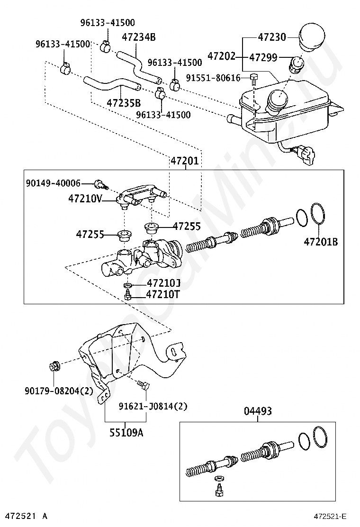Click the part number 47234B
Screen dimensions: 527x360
[139, 37]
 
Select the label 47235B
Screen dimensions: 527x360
[124, 103]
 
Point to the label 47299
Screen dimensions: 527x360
[263, 58]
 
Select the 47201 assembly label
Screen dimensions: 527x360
[185, 162]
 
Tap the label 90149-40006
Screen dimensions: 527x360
[53, 183]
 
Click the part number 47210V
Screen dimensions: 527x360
[85, 199]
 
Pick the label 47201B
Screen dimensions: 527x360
[321, 242]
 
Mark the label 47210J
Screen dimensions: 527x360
[163, 283]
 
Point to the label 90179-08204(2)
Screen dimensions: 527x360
[59, 391]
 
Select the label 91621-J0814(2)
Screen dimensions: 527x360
[153, 406]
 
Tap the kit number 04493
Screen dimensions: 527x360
[258, 411]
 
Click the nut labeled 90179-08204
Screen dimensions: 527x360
[54, 366]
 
